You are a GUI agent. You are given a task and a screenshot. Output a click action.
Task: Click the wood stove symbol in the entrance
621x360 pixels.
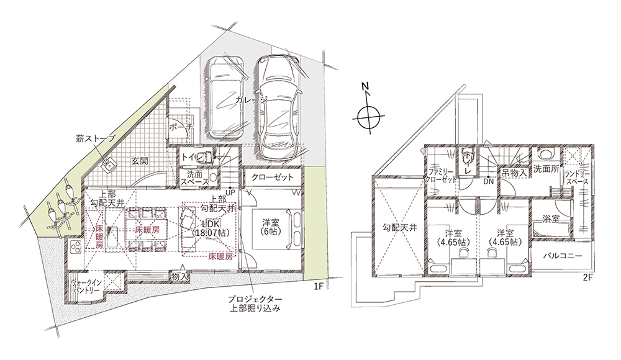point(107,165)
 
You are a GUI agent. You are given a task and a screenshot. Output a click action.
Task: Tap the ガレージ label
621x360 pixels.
point(252,100)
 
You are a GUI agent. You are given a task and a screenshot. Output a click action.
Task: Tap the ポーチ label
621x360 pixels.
point(181,127)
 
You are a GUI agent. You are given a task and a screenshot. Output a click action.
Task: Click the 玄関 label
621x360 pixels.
point(140,161)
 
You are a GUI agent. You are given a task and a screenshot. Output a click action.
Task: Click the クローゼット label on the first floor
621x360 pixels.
point(273,177)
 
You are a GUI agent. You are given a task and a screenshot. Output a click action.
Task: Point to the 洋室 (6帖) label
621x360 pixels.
point(271,227)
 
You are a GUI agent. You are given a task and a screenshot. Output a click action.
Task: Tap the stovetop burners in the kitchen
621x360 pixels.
point(76,247)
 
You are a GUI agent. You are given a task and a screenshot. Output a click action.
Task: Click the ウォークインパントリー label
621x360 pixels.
point(86,286)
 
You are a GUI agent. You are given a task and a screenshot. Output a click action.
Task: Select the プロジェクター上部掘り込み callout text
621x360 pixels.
point(255,303)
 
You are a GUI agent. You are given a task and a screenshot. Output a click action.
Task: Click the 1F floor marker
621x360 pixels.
point(319,287)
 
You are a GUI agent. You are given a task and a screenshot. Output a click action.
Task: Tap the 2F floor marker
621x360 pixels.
point(587,278)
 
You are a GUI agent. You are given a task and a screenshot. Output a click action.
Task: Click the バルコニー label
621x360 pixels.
point(563,256)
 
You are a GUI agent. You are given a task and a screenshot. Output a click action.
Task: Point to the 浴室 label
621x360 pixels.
point(551,218)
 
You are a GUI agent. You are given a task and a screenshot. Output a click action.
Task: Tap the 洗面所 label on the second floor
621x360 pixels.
point(546,169)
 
